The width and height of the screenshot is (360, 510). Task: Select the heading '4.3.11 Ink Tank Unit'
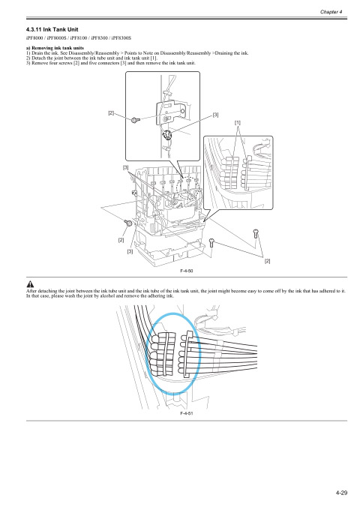(52, 28)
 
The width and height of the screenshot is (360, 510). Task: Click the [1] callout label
(238, 121)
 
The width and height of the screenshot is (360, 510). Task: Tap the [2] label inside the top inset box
(110, 113)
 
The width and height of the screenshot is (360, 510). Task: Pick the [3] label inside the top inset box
(215, 115)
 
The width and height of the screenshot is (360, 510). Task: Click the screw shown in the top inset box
(134, 119)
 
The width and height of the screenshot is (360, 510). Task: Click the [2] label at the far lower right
(267, 260)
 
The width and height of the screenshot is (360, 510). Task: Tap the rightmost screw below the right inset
(257, 232)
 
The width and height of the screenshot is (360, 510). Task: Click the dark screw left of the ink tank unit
(127, 223)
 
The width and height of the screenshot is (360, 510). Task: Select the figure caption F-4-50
(187, 270)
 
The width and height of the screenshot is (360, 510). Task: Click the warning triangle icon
(30, 283)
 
